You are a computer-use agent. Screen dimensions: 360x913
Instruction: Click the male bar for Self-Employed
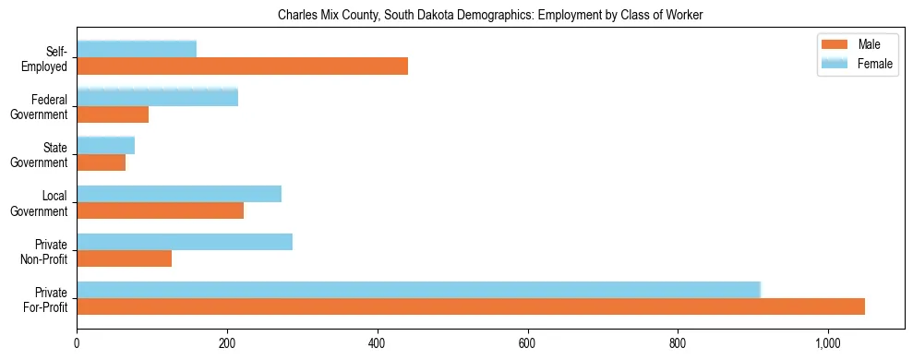[x=242, y=66]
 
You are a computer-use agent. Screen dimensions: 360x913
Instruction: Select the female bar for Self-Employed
[x=137, y=49]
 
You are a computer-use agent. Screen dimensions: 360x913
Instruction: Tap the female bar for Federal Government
[x=157, y=97]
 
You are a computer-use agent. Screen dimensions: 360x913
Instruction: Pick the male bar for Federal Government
[x=113, y=114]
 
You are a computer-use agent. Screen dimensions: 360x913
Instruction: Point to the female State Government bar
[x=105, y=145]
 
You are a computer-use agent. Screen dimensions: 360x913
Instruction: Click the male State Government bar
[x=101, y=162]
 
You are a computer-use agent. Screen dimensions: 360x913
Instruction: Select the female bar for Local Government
[x=179, y=194]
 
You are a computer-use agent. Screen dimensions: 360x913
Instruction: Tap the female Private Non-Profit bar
[x=185, y=242]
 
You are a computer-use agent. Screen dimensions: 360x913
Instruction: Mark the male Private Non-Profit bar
[x=124, y=258]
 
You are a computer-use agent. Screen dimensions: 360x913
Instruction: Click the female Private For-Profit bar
[x=418, y=290]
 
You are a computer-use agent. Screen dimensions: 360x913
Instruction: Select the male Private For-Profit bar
[x=471, y=306]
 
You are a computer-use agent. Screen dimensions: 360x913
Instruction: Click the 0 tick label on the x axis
[x=77, y=342]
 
